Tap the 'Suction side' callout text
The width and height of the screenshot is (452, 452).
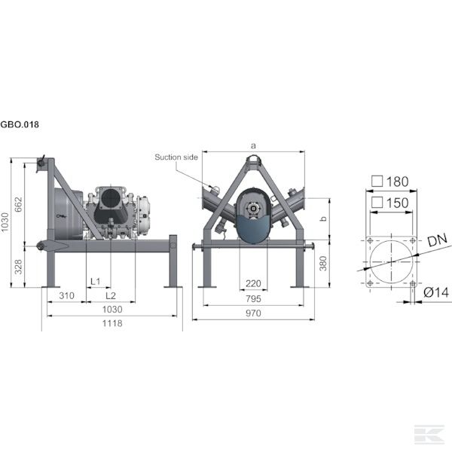click(176, 157)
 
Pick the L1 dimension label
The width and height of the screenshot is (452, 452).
click(96, 281)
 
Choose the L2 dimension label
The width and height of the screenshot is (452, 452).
click(110, 295)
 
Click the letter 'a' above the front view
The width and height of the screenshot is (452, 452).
click(253, 145)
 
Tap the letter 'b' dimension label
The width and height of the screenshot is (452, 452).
click(322, 218)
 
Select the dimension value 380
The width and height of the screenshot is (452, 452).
click(322, 263)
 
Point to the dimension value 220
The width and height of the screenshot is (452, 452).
click(253, 283)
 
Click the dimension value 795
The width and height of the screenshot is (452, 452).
click(253, 298)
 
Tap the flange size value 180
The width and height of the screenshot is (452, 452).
click(396, 182)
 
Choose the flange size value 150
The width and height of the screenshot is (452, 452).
click(396, 203)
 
